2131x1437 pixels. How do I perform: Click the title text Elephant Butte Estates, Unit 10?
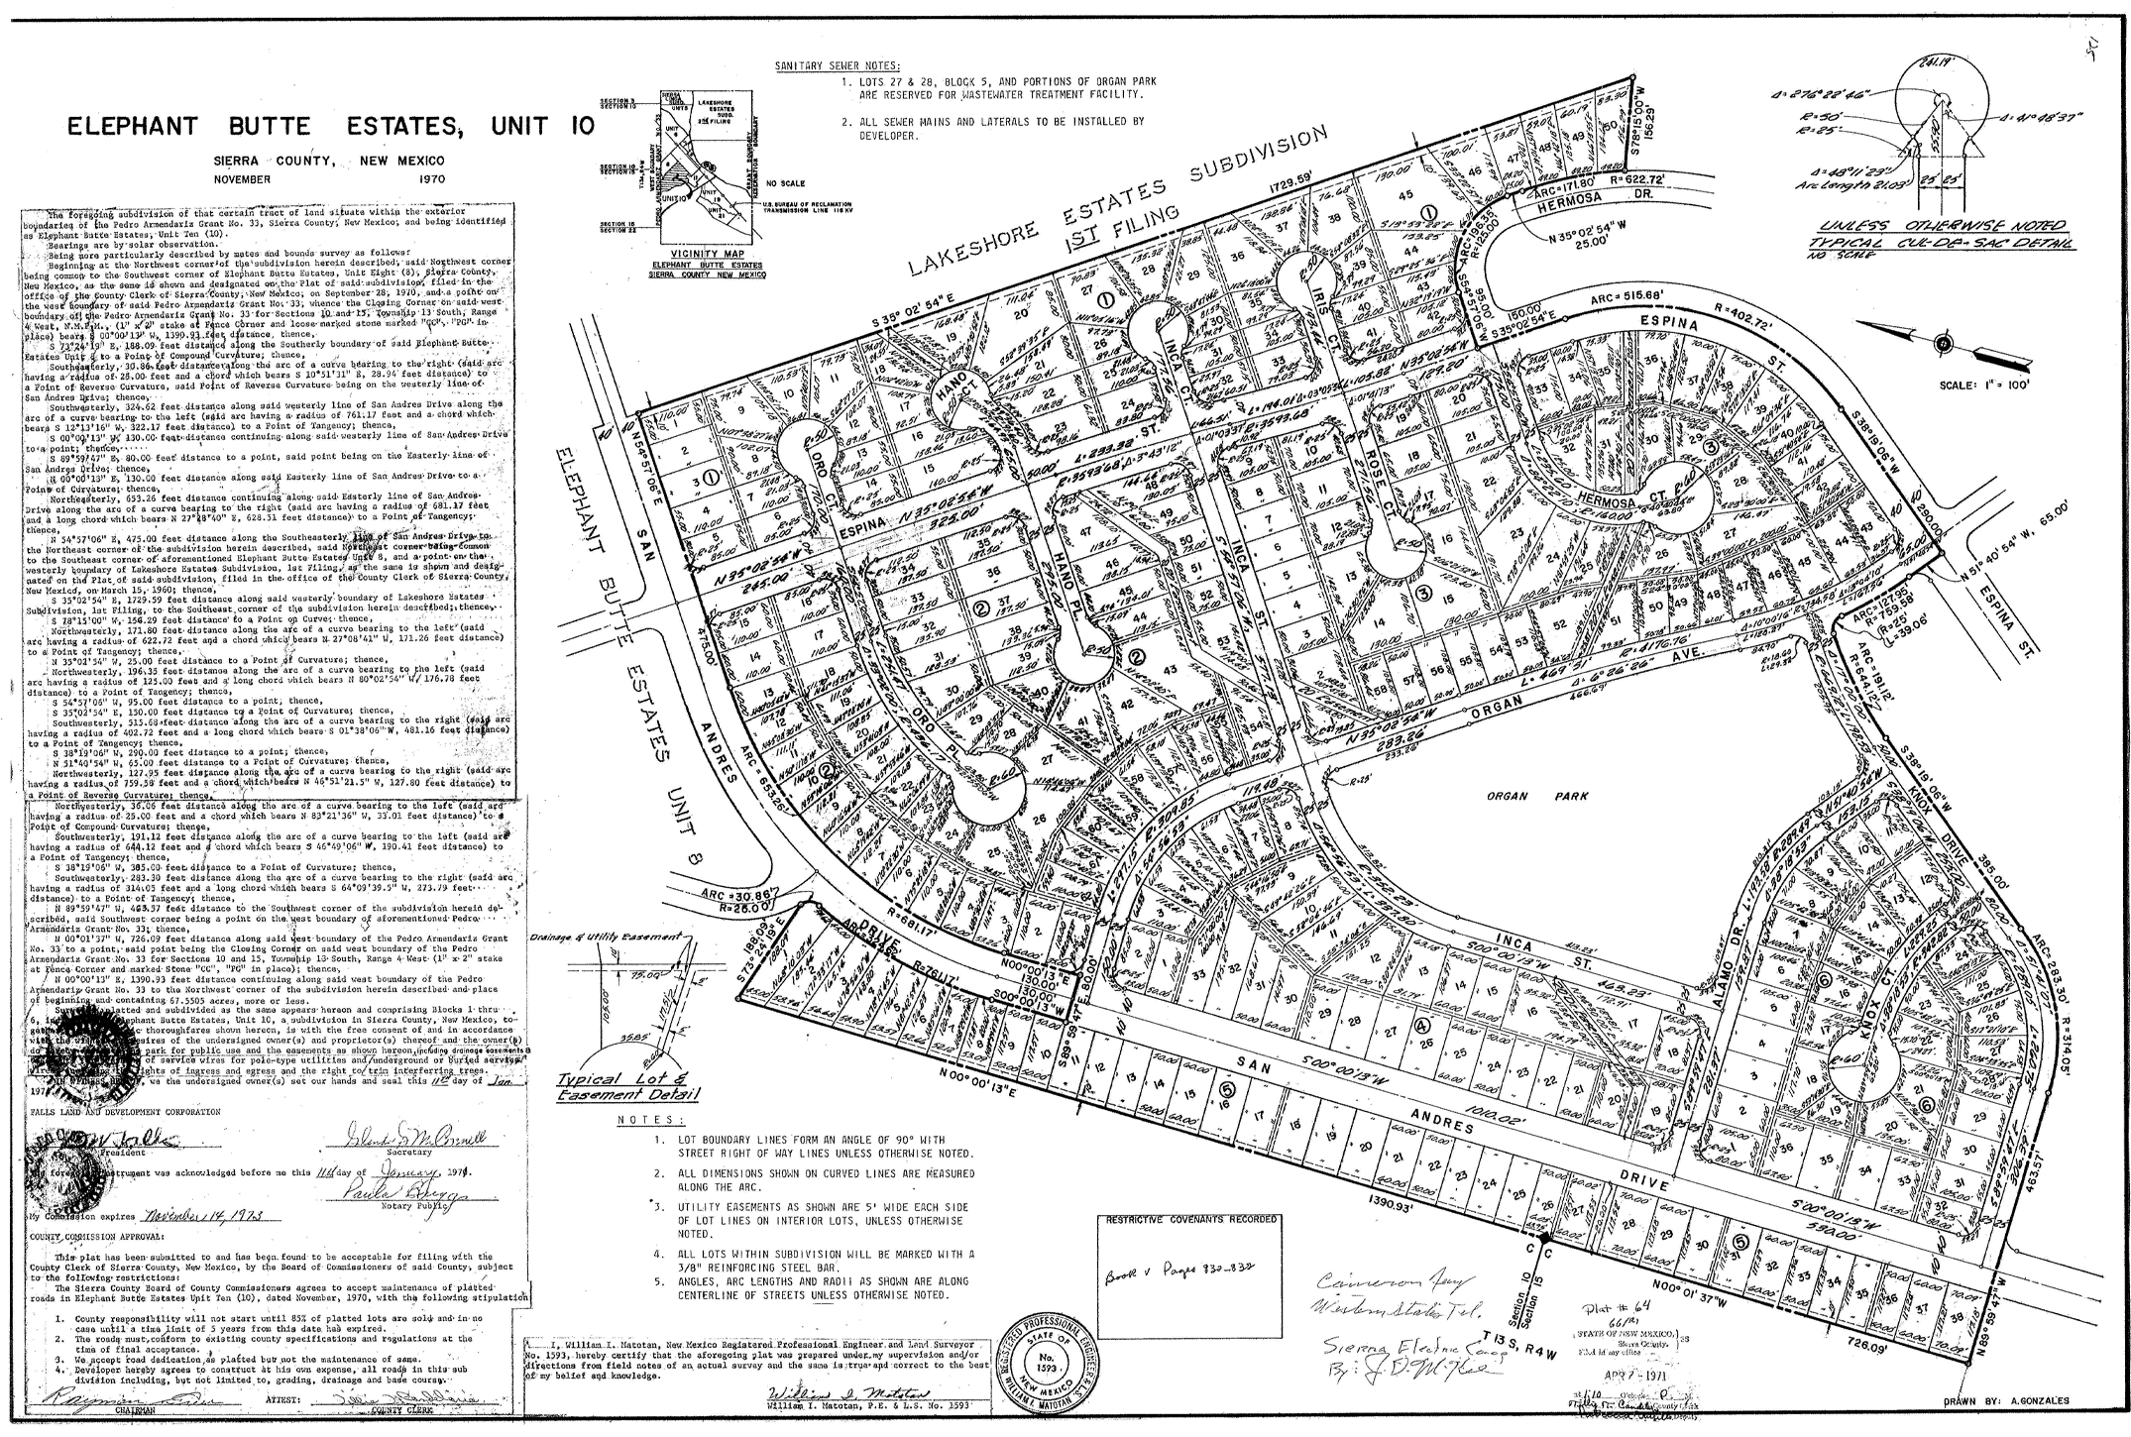(330, 127)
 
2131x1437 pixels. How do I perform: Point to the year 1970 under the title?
(425, 179)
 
